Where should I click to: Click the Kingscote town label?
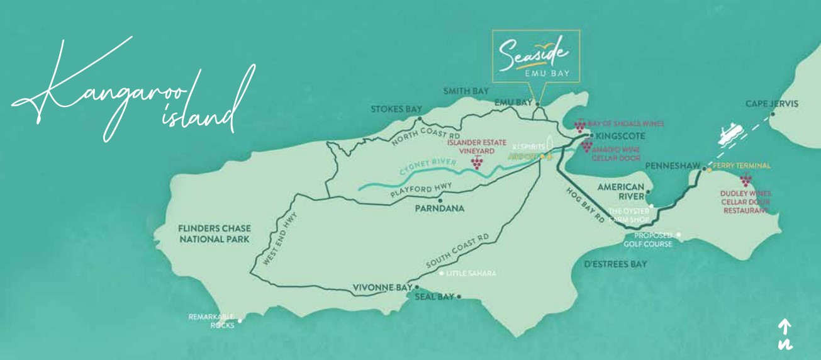[x=618, y=135]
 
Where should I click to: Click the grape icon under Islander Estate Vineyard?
[x=478, y=163]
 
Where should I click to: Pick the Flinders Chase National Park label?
[x=205, y=234]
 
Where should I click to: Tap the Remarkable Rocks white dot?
[x=239, y=320]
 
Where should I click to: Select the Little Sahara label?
[x=471, y=274]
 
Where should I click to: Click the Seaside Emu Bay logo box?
[x=536, y=57]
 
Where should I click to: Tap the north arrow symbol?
[x=785, y=334]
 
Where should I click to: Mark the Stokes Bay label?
[x=396, y=109]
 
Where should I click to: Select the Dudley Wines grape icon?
[x=746, y=181]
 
